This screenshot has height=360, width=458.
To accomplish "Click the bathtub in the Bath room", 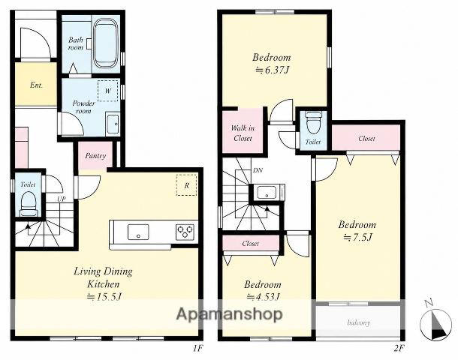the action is [x=106, y=43].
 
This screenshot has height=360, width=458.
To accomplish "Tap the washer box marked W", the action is [x=108, y=91].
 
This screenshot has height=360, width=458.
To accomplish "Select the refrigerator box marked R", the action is [x=186, y=185].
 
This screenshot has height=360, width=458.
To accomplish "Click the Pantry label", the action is [x=95, y=156].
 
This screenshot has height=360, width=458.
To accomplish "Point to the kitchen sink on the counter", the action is [x=138, y=232].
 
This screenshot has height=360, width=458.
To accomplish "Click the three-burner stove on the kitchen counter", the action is [x=185, y=232].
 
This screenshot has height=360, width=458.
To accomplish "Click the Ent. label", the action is [x=36, y=85].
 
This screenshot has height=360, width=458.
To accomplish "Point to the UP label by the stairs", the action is [x=62, y=199].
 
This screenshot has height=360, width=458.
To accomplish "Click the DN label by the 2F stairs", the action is [x=258, y=170].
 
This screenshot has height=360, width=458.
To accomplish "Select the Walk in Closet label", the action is [x=243, y=133].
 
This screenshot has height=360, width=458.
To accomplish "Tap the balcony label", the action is [x=359, y=322].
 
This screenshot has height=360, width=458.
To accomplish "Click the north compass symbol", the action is [x=435, y=323].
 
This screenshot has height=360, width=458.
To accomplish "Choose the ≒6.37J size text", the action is [x=272, y=70].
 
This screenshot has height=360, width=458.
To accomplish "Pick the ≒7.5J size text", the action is [x=357, y=238].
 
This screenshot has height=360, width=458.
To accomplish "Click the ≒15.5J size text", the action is [x=104, y=297].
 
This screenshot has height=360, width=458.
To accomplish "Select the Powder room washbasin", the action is [x=113, y=124].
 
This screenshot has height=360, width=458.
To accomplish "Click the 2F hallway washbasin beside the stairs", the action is [x=267, y=192].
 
